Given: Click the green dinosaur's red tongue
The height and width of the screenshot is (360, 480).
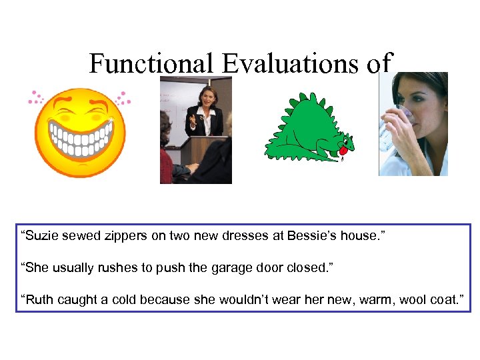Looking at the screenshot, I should click(x=342, y=151).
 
